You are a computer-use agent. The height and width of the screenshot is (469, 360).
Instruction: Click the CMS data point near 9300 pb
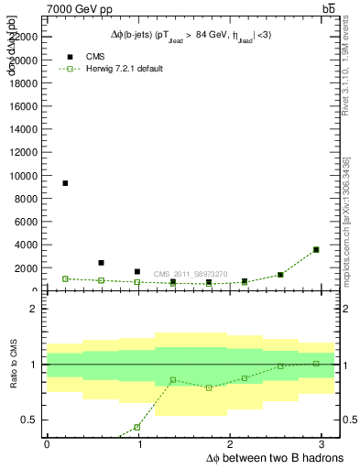[65, 183]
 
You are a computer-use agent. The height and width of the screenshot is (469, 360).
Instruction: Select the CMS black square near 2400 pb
[101, 263]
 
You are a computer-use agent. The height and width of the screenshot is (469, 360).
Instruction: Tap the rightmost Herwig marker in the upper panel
[316, 249]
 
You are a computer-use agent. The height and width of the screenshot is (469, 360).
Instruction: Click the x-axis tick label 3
[325, 445]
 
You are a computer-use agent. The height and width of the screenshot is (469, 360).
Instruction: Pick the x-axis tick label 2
[233, 445]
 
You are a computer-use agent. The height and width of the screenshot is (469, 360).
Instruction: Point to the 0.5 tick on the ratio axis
[29, 420]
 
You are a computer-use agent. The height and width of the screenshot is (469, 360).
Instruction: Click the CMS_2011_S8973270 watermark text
[190, 274]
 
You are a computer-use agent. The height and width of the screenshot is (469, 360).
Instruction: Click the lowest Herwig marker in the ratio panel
[137, 427]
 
